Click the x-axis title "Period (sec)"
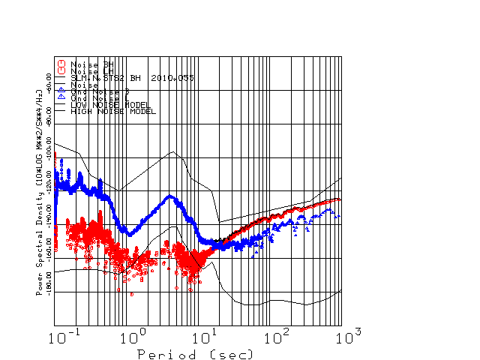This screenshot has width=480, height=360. (x=196, y=353)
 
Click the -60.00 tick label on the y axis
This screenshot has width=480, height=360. (x=49, y=82)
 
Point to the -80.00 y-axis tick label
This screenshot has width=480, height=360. (x=49, y=115)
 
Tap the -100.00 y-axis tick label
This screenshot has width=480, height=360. (x=49, y=149)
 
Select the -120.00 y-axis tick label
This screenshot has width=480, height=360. (x=49, y=183)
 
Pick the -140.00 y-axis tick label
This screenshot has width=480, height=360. (x=49, y=216)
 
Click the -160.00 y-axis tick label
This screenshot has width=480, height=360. (x=49, y=250)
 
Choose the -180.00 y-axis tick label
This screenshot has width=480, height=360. (x=49, y=283)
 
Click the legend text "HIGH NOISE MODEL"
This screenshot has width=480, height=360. (x=112, y=112)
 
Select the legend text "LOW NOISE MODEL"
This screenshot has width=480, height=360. (x=110, y=105)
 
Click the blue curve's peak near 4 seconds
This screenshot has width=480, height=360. (x=171, y=196)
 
